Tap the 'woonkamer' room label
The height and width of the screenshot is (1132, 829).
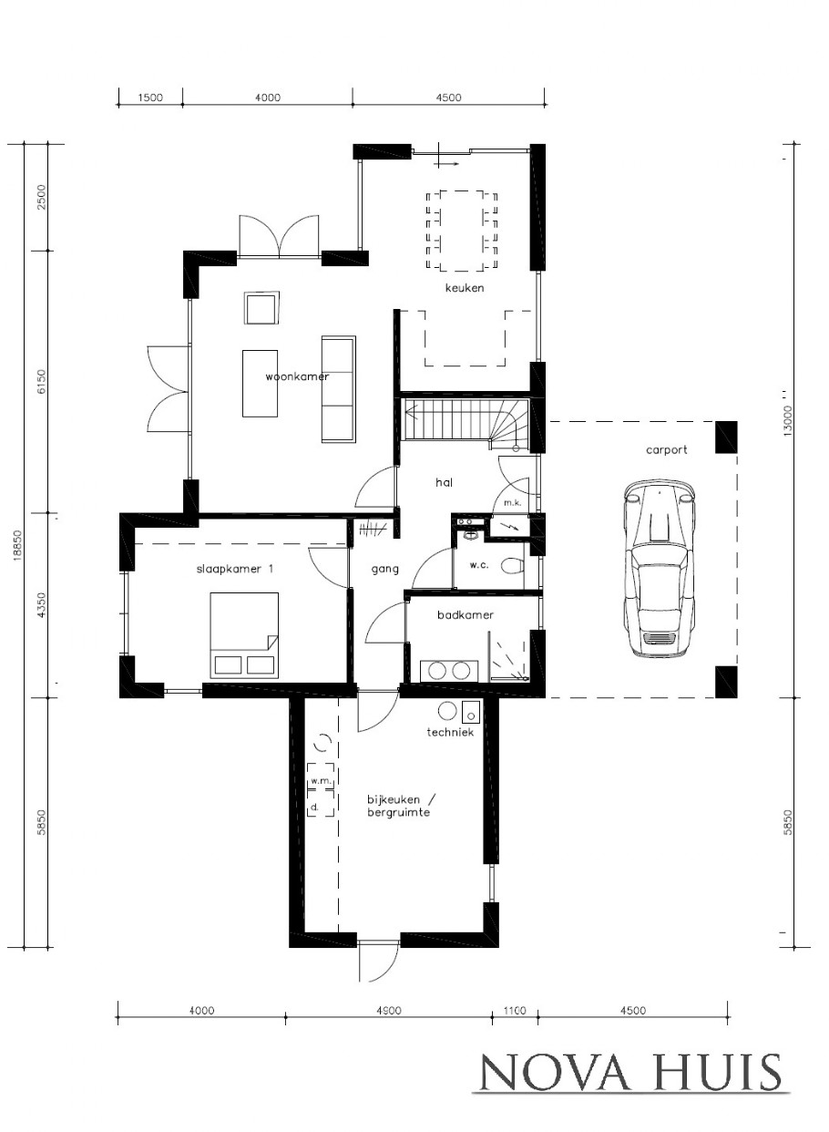pyautogui.click(x=296, y=376)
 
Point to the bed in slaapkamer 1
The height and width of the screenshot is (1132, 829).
pyautogui.click(x=243, y=634)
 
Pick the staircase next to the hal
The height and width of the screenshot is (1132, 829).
pyautogui.click(x=465, y=420)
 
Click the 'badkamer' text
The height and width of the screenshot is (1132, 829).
pyautogui.click(x=465, y=614)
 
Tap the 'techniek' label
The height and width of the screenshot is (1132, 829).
pyautogui.click(x=450, y=732)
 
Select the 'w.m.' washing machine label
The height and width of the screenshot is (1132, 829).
pyautogui.click(x=319, y=781)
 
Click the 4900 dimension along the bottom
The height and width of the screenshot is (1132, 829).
pyautogui.click(x=388, y=1010)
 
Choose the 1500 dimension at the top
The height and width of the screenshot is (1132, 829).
pyautogui.click(x=148, y=98)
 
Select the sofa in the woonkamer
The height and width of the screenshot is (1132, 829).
pyautogui.click(x=338, y=388)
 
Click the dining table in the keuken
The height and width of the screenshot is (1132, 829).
pyautogui.click(x=464, y=230)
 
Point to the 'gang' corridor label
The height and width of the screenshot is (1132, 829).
pyautogui.click(x=384, y=569)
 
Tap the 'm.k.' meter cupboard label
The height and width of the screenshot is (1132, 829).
pyautogui.click(x=505, y=503)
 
